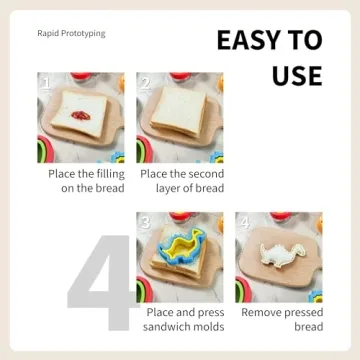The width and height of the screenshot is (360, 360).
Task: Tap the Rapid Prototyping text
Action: point(71,33)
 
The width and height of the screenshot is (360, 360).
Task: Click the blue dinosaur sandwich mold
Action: point(176,254)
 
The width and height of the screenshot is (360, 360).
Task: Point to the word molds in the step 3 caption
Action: point(208,327)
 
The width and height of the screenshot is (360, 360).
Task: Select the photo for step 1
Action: point(81,117)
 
